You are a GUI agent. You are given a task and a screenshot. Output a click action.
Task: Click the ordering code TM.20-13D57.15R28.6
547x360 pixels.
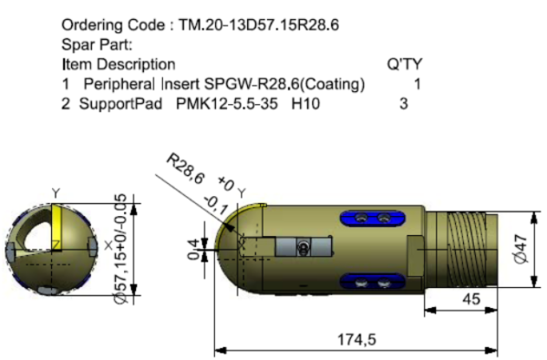pos(259,26)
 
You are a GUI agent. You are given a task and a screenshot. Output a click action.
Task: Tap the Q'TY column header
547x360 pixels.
pos(404,64)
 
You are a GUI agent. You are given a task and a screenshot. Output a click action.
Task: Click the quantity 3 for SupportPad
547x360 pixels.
pos(404,104)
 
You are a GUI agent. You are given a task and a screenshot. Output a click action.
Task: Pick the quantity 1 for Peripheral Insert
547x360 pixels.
pos(418,84)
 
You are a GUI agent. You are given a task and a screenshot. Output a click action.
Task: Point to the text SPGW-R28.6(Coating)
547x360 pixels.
pos(284,84)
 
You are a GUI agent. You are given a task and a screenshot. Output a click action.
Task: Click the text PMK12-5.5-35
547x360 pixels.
pos(227,104)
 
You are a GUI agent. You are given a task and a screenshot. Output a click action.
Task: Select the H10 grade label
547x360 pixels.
pos(305,104)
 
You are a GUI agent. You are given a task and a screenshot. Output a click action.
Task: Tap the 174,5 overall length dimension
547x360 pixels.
pos(356,339)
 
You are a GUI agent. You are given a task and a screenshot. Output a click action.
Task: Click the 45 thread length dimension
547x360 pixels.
pos(471,299)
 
